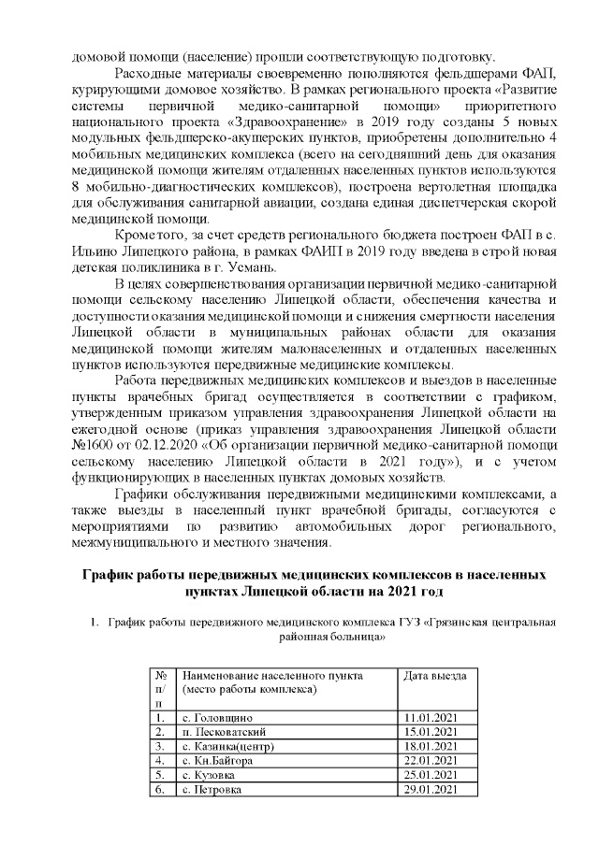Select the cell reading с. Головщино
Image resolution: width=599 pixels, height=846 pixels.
[217, 716]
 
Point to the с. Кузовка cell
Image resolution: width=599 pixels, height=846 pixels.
[210, 776]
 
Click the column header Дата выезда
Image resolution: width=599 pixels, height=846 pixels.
[433, 675]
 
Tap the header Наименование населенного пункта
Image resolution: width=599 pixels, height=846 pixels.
[271, 675]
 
